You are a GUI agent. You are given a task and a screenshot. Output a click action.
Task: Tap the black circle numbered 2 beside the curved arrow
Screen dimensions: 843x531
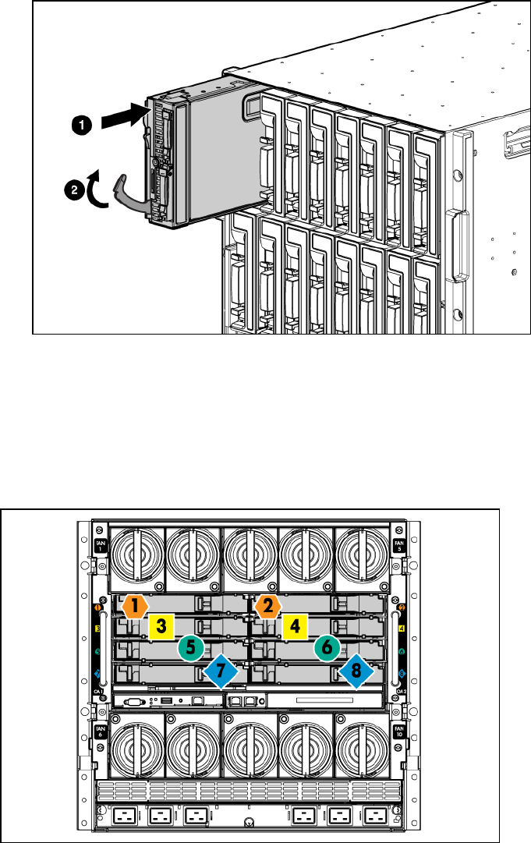coord(73,188)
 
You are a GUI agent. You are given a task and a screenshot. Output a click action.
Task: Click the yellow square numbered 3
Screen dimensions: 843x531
coord(160,625)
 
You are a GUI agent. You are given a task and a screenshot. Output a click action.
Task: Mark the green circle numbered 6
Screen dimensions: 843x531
coord(327,646)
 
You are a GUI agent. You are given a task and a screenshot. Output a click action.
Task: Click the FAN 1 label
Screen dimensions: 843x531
coord(100,546)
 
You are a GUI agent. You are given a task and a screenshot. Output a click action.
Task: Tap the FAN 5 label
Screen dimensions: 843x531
coord(398,546)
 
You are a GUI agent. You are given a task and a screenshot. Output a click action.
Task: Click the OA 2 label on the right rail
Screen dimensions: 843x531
coord(401,691)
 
